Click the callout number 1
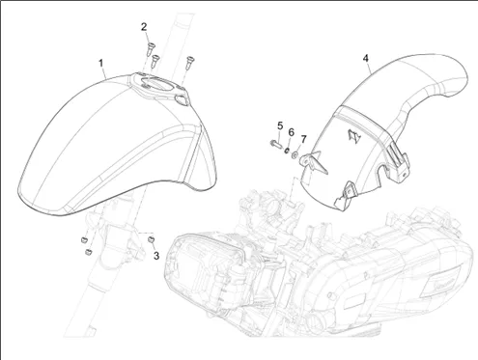pos(101,63)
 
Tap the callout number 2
pos(144,27)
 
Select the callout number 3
pos(156,256)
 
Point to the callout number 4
pos(366,58)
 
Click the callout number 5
pos(280,125)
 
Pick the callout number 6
pos(291,132)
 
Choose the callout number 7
pos(303,139)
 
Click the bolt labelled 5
pos(275,143)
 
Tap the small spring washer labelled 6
pos(286,150)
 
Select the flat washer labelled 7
pos(295,154)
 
